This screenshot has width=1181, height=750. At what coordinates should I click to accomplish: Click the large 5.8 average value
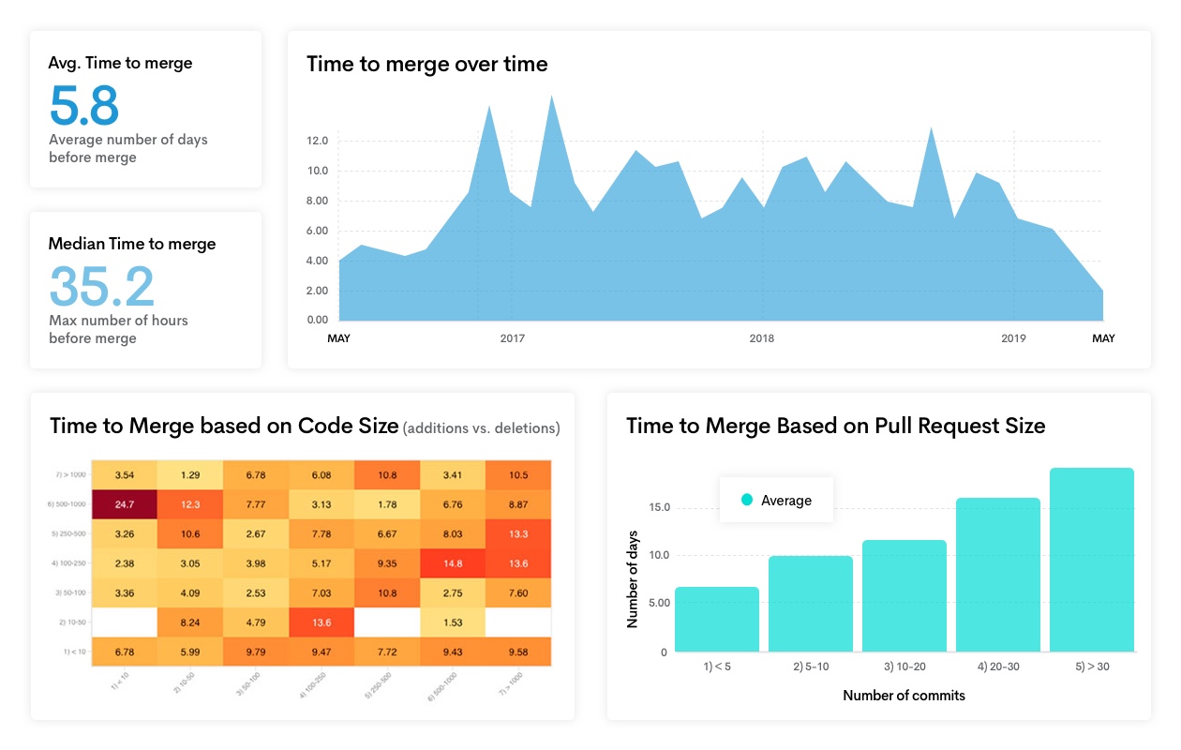click(x=84, y=105)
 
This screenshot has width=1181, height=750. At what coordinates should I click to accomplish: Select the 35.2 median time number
click(x=101, y=286)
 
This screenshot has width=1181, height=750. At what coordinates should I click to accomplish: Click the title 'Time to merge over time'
click(x=426, y=64)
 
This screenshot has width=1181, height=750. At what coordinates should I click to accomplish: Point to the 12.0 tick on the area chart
click(x=317, y=141)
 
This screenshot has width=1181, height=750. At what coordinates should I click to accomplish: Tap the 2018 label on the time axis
click(x=762, y=338)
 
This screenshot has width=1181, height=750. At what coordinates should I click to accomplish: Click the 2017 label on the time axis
click(x=512, y=338)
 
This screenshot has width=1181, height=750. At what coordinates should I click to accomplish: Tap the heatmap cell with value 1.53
click(x=452, y=622)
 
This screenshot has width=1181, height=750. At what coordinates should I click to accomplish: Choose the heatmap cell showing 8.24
click(x=189, y=622)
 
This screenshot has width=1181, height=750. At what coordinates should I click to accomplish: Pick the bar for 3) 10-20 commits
click(x=904, y=595)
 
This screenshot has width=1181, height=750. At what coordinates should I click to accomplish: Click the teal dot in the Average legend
click(x=747, y=501)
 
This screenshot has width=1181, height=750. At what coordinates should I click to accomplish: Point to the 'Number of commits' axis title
click(x=904, y=696)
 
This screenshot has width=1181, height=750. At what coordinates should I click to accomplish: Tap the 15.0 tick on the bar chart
click(x=659, y=508)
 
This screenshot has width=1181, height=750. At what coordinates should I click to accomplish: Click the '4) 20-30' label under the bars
click(x=998, y=667)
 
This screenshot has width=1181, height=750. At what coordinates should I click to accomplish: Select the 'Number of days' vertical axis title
click(x=633, y=579)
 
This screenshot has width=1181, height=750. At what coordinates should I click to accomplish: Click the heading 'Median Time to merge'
click(x=132, y=244)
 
